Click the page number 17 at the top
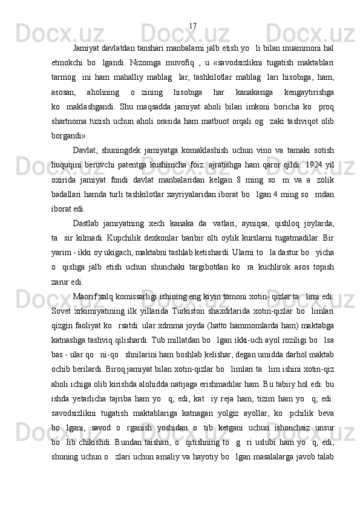(192, 26)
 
